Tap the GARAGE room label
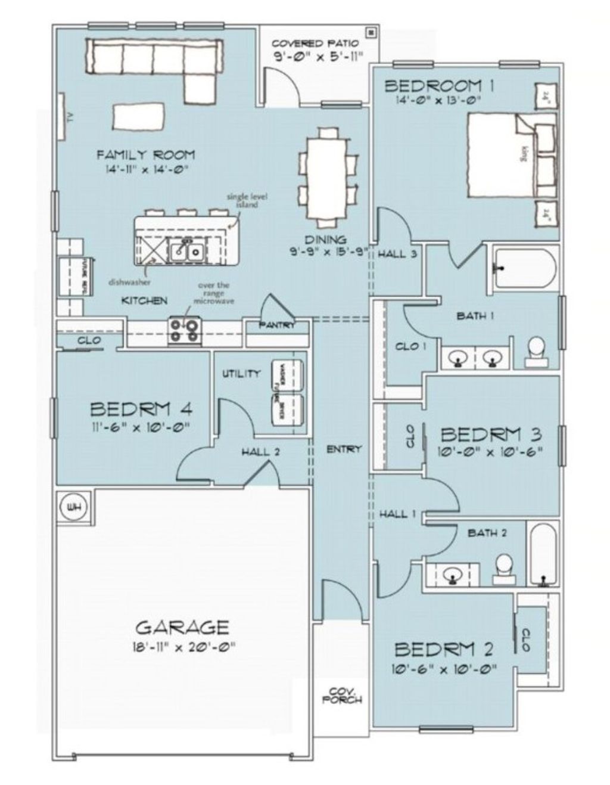182,628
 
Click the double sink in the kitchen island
186,252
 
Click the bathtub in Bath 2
543,554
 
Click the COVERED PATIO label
315,44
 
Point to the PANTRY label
277,325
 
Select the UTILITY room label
241,374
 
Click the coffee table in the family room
138,116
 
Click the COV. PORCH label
343,695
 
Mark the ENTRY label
344,449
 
